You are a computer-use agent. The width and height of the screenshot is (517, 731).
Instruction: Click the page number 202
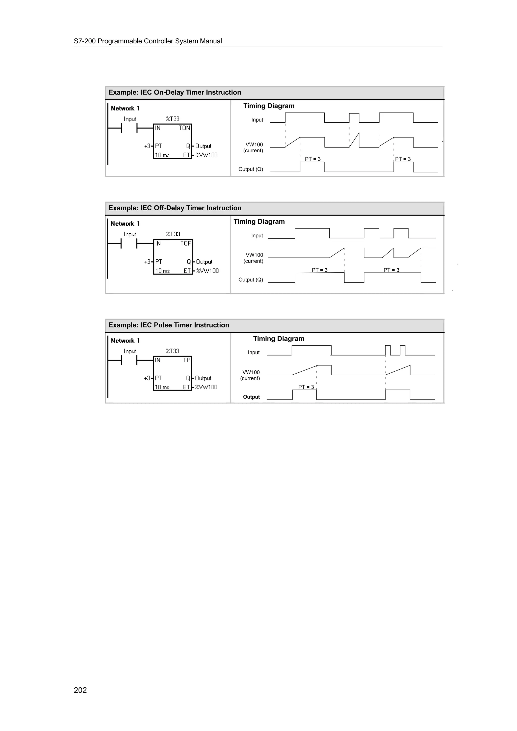click(x=80, y=690)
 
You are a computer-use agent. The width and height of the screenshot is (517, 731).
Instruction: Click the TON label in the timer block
click(x=184, y=128)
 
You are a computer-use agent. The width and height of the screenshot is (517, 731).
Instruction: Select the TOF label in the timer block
click(x=185, y=244)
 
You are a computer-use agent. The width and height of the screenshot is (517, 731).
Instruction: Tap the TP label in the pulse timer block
click(x=186, y=360)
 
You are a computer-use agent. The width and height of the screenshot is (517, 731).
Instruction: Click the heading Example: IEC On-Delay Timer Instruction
click(x=174, y=92)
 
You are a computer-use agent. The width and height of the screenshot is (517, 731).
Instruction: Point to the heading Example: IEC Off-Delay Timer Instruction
click(x=175, y=208)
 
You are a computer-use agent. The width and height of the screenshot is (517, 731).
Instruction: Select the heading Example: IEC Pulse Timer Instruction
click(x=169, y=325)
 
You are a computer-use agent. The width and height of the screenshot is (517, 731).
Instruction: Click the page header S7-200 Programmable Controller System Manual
click(x=148, y=41)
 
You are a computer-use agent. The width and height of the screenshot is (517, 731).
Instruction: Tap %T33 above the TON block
click(x=173, y=119)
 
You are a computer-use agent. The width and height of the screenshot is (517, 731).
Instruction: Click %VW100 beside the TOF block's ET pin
click(x=207, y=271)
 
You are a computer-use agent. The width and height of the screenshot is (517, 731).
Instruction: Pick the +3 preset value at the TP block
click(x=147, y=378)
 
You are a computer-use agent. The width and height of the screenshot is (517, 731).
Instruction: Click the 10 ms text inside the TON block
click(x=162, y=155)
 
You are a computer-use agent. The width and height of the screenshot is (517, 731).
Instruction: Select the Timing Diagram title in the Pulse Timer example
click(x=278, y=339)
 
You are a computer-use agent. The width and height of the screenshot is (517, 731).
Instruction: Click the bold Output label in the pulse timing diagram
click(x=251, y=397)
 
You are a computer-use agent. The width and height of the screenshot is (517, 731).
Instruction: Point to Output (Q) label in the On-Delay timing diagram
click(x=251, y=169)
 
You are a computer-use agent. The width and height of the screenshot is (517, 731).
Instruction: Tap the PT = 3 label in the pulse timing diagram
click(x=306, y=387)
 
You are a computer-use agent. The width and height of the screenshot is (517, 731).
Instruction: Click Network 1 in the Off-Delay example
click(x=125, y=223)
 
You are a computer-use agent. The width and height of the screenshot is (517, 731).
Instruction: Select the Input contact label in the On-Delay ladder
click(x=130, y=119)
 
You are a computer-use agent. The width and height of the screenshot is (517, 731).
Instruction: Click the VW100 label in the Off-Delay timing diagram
click(x=254, y=255)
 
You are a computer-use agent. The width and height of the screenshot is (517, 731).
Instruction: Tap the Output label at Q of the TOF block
click(x=204, y=262)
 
